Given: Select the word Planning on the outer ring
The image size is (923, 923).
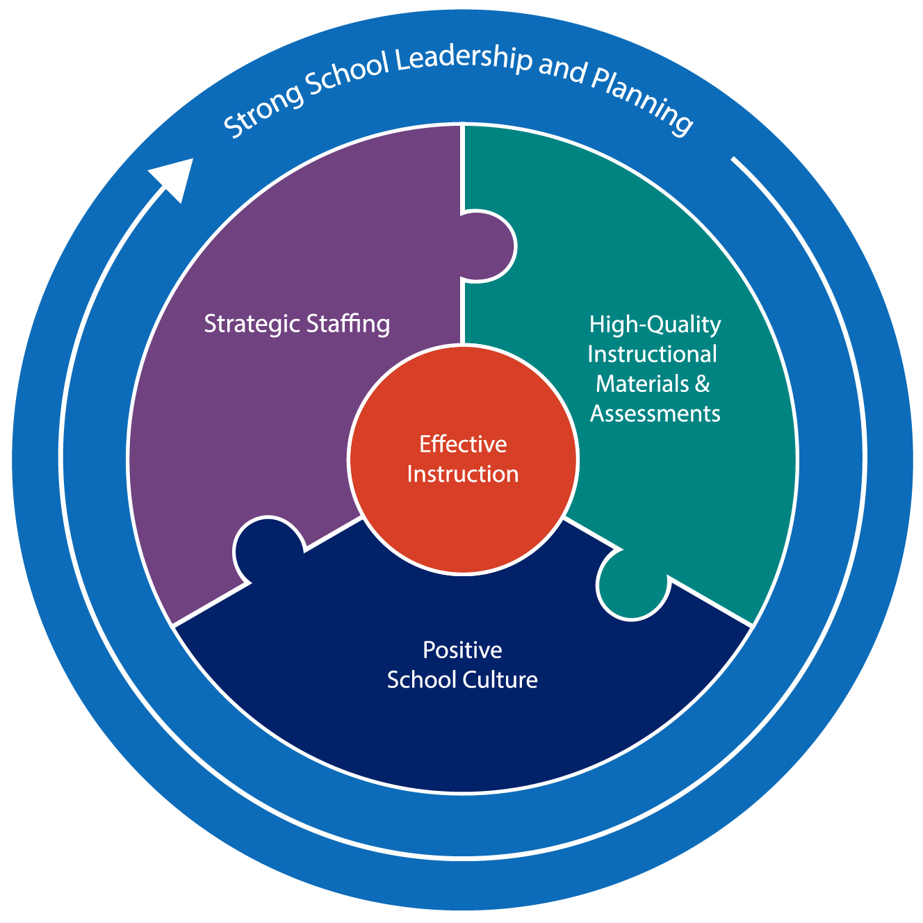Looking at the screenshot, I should point(639,102).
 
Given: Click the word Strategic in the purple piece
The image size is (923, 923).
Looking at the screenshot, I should point(251,325).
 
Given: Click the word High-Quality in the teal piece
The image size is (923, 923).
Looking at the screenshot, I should point(655,325).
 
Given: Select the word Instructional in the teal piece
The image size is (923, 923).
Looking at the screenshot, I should point(652,354).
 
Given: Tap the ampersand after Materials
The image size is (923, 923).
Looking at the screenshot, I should point(702,384).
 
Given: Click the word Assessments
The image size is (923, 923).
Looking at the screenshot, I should point(655,414).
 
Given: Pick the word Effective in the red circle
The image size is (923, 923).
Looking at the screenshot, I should point(463,444).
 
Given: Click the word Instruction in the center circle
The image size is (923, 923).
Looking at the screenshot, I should point(463,474).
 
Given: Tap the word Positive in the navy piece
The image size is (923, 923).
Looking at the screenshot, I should point(462,651).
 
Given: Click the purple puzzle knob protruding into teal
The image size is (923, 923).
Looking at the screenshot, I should point(489,247).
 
